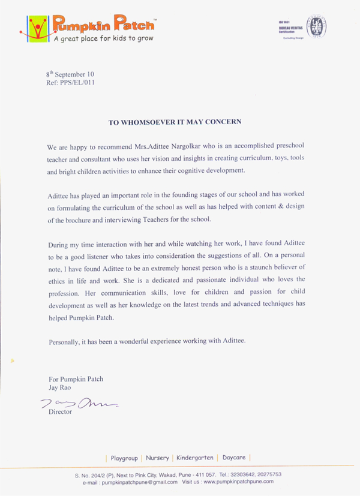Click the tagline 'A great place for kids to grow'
click(103, 38)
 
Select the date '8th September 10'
click(70, 74)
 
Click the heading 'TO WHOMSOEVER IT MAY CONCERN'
click(175, 122)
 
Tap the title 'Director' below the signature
click(61, 413)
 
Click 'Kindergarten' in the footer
click(195, 458)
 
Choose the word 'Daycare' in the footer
click(234, 458)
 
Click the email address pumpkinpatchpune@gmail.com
click(139, 482)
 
